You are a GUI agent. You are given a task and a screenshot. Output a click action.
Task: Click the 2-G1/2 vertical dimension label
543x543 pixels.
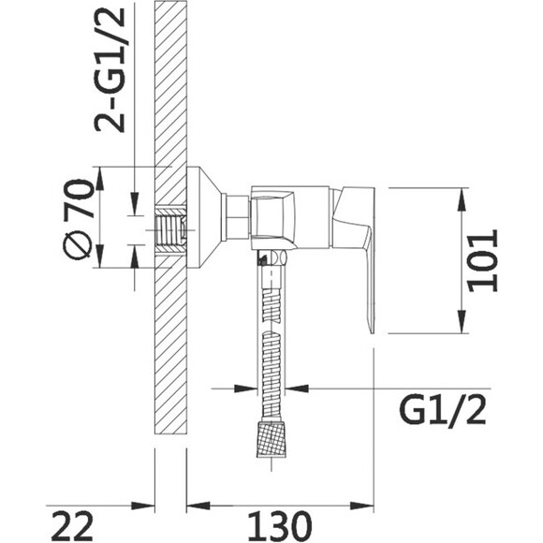pyautogui.click(x=110, y=69)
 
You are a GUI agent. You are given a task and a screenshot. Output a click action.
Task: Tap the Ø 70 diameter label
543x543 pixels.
pyautogui.click(x=79, y=219)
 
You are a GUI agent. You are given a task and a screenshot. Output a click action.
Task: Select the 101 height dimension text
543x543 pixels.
pyautogui.click(x=482, y=260)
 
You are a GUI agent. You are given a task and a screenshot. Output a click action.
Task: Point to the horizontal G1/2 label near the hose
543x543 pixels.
pyautogui.click(x=443, y=411)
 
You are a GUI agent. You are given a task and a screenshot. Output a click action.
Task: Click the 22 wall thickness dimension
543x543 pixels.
pyautogui.click(x=72, y=525)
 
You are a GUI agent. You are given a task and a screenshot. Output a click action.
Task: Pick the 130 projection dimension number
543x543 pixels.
pyautogui.click(x=280, y=525)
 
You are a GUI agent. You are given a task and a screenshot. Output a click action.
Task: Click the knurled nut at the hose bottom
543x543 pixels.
pyautogui.click(x=271, y=439)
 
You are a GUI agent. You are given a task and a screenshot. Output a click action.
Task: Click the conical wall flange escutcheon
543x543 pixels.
pyautogui.click(x=204, y=217)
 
